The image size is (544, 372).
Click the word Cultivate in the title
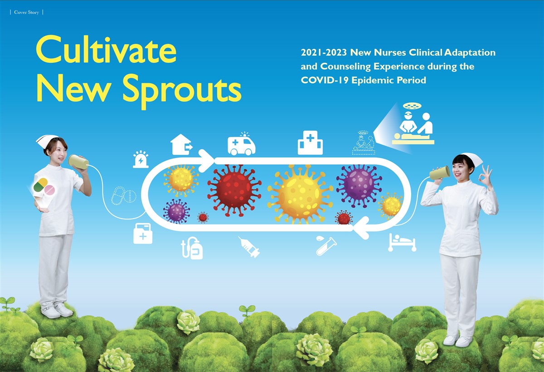106,49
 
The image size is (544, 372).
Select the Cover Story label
26,12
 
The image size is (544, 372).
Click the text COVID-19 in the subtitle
324,80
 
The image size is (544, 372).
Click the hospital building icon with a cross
310,143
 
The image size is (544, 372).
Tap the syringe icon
249,247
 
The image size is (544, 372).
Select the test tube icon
326,245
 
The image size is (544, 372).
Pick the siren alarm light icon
141,159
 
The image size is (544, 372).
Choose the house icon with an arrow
181,144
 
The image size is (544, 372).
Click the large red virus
234,191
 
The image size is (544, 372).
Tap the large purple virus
359,186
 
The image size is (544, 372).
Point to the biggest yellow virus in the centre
300,194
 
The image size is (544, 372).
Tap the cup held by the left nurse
78,162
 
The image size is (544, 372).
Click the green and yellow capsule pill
40,185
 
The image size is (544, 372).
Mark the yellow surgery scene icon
413,124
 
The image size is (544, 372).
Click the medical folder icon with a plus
143,233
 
